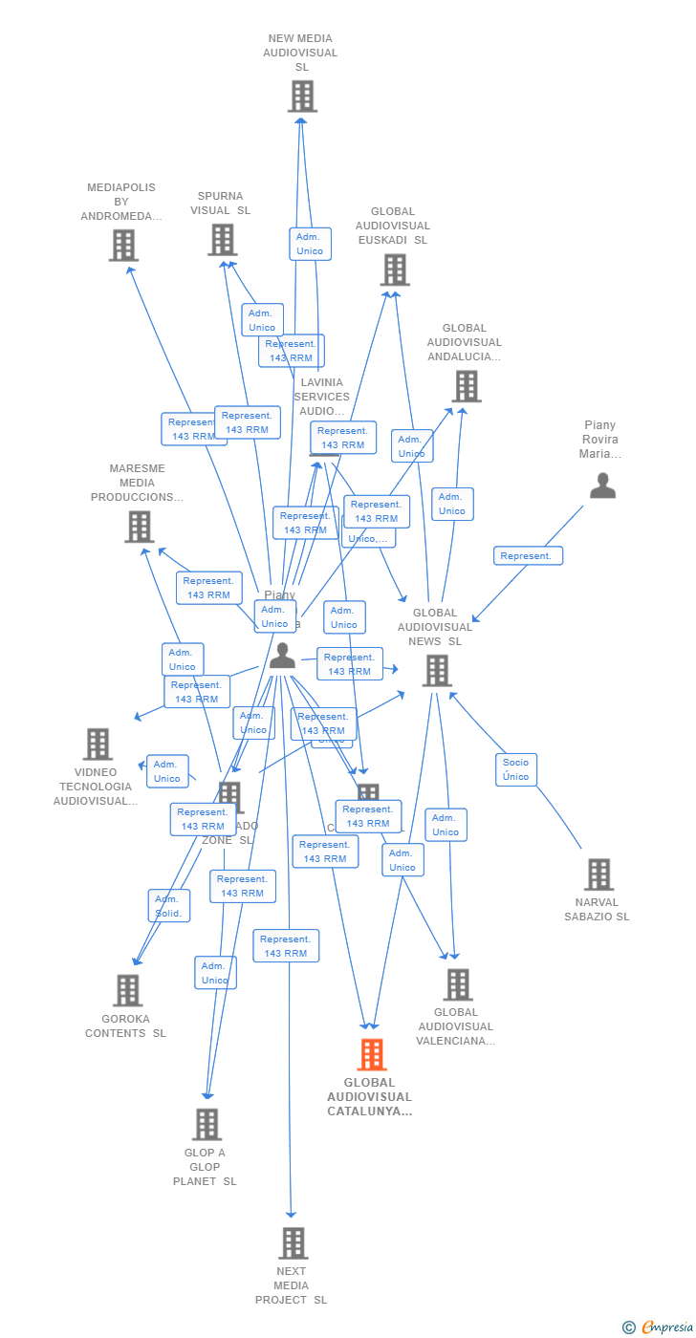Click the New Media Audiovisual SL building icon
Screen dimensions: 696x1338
[x=302, y=97]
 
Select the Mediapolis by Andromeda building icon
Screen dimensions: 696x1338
[x=123, y=245]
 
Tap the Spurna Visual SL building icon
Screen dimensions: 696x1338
[x=222, y=240]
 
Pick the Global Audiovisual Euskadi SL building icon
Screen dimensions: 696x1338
[x=394, y=270]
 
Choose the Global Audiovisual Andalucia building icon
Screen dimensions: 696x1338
[x=466, y=386]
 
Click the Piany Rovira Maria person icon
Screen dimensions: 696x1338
[x=602, y=486]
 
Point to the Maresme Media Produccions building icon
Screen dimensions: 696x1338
[x=140, y=526]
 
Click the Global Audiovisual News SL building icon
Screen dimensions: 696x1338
[x=437, y=670]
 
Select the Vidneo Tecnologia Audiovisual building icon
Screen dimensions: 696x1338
[x=98, y=744]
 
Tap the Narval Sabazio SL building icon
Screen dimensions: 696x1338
[x=598, y=874]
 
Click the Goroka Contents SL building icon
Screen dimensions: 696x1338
[x=127, y=990]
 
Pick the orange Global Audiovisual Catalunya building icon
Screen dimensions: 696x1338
[x=372, y=1054]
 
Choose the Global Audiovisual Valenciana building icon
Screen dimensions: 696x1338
[x=458, y=984]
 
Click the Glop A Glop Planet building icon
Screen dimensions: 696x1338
[x=207, y=1124]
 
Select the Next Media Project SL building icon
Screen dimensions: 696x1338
[x=293, y=1242]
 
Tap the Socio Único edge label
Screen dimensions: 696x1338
[x=516, y=769]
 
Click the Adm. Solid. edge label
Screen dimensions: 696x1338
[x=169, y=906]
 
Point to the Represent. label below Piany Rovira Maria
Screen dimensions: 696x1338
[x=528, y=556]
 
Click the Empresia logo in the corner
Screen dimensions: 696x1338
[x=660, y=1327]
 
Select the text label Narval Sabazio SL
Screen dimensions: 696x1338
[x=597, y=910]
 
